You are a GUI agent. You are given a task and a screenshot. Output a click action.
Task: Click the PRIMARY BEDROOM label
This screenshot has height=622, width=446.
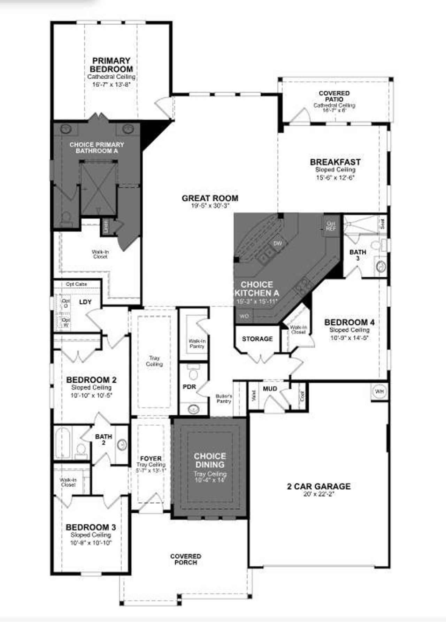[111, 65]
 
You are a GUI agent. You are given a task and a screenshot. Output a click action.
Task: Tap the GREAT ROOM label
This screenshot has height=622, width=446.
[210, 198]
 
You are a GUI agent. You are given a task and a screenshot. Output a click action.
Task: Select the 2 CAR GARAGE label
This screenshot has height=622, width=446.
[318, 486]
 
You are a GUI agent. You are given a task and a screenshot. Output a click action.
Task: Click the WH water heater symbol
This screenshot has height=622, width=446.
[379, 392]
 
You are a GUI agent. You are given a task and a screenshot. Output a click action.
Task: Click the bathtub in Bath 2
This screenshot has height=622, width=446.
[63, 443]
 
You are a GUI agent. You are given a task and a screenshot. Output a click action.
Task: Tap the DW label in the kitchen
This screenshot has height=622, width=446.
[277, 243]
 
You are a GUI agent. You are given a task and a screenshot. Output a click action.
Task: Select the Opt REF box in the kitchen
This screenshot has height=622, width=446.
[331, 226]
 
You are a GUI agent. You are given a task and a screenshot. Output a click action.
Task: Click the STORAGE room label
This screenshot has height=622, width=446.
[257, 339]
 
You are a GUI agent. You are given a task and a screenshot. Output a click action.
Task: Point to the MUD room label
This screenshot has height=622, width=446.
[270, 388]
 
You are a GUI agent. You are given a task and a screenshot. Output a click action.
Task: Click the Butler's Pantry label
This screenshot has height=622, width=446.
[224, 399]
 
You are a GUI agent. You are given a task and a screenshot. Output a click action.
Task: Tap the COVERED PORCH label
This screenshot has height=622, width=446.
[186, 559]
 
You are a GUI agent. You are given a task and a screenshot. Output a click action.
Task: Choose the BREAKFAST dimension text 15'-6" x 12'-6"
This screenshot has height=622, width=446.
[335, 178]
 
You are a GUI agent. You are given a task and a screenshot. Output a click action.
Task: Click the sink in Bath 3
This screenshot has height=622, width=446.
[381, 267]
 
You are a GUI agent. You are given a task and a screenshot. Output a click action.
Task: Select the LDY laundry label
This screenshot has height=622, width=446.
[85, 302]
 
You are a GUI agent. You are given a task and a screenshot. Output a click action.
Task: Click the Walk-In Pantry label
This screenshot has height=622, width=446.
[197, 344]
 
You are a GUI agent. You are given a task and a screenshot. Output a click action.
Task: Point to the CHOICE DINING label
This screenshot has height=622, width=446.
[210, 460]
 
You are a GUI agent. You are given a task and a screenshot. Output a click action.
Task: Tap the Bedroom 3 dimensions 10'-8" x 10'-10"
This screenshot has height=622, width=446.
[91, 543]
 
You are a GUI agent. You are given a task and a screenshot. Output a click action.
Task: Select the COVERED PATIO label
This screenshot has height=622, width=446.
[334, 96]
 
